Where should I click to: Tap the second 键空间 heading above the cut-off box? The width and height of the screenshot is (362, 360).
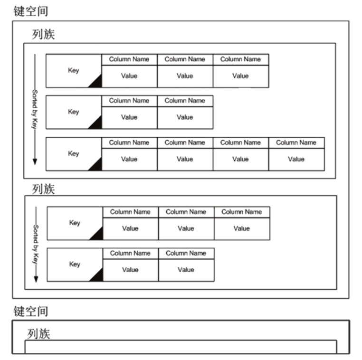pyautogui.click(x=31, y=312)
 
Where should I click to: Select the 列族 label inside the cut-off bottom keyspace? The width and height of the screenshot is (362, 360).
pyautogui.click(x=38, y=334)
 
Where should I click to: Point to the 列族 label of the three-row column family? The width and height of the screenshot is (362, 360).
pyautogui.click(x=43, y=35)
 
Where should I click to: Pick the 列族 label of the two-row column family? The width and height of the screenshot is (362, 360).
pyautogui.click(x=43, y=189)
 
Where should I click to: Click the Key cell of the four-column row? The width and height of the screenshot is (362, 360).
pyautogui.click(x=73, y=154)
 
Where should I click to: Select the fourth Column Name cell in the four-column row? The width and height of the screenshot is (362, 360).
pyautogui.click(x=296, y=142)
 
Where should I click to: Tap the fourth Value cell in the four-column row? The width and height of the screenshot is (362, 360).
pyautogui.click(x=296, y=159)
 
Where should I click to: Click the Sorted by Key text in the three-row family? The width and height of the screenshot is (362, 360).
pyautogui.click(x=35, y=109)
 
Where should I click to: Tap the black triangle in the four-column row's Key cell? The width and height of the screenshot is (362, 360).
pyautogui.click(x=96, y=165)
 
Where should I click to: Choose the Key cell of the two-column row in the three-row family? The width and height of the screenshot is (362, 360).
pyautogui.click(x=73, y=112)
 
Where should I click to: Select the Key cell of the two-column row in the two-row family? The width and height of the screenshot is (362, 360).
pyautogui.click(x=75, y=264)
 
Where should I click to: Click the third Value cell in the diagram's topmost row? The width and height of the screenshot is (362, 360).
pyautogui.click(x=240, y=76)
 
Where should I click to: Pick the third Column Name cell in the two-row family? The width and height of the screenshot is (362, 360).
pyautogui.click(x=241, y=212)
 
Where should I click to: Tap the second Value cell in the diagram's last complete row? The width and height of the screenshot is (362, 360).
pyautogui.click(x=186, y=270)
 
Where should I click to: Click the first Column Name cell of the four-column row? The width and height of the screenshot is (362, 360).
pyautogui.click(x=129, y=142)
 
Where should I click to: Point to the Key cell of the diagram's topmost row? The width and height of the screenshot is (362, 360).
pyautogui.click(x=73, y=71)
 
